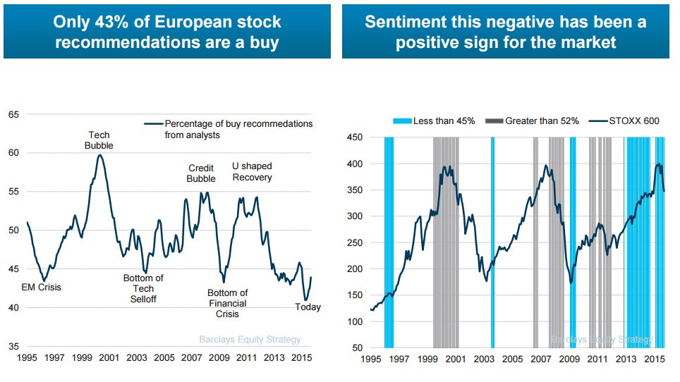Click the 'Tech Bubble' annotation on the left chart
[99, 140]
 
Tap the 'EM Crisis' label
[41, 288]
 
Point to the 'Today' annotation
[308, 307]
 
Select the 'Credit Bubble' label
[201, 173]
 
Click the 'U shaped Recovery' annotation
[252, 171]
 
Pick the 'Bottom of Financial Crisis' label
[227, 304]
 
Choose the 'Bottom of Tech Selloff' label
[143, 288]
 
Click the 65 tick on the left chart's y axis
[13, 114]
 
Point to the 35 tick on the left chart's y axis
[13, 346]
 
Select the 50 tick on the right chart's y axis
[358, 348]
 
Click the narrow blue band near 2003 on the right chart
[492, 242]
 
